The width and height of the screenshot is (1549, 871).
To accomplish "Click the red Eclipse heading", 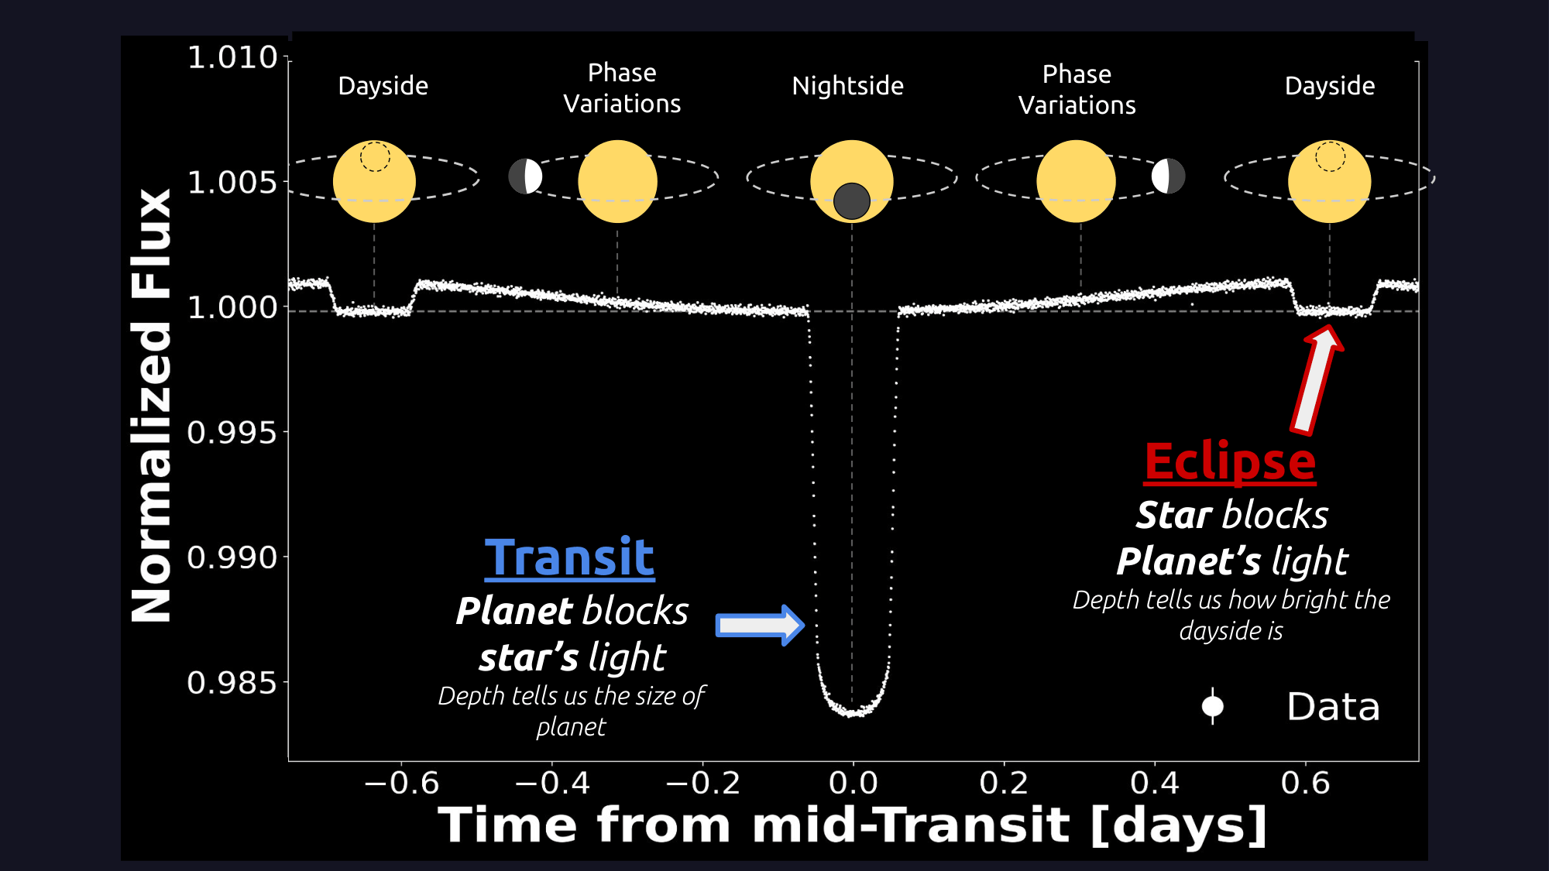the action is click(x=1230, y=463).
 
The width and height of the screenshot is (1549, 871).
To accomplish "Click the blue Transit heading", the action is click(x=570, y=557).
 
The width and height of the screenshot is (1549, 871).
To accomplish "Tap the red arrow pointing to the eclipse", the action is click(x=1317, y=379).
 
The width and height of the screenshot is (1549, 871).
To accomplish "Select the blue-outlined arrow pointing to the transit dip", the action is click(x=760, y=625).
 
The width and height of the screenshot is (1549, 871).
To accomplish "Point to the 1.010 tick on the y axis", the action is click(x=232, y=57).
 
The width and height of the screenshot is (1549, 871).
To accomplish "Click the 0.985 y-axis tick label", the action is click(x=232, y=683).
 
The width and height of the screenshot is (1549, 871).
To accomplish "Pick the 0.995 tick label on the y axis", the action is click(x=232, y=433).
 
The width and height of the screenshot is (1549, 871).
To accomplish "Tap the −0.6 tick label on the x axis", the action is click(x=402, y=783).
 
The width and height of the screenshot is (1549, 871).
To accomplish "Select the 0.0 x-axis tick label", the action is click(x=853, y=783).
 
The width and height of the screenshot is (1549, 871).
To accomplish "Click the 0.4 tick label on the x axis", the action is click(x=1155, y=783).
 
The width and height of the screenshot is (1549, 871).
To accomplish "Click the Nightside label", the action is click(x=848, y=85).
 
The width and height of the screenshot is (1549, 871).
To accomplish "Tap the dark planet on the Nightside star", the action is click(x=852, y=201).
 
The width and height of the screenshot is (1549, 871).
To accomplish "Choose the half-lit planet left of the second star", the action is click(x=525, y=177).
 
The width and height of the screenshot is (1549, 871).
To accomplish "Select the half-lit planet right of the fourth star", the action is click(x=1169, y=177).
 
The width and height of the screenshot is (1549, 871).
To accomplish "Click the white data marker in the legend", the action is click(x=1213, y=706).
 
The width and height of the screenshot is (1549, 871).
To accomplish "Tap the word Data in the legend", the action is click(x=1334, y=707).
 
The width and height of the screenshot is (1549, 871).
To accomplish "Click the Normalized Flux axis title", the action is click(x=152, y=406).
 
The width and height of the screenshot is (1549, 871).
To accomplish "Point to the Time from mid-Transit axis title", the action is click(x=853, y=825).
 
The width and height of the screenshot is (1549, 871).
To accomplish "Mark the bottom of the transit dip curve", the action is click(x=852, y=713).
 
